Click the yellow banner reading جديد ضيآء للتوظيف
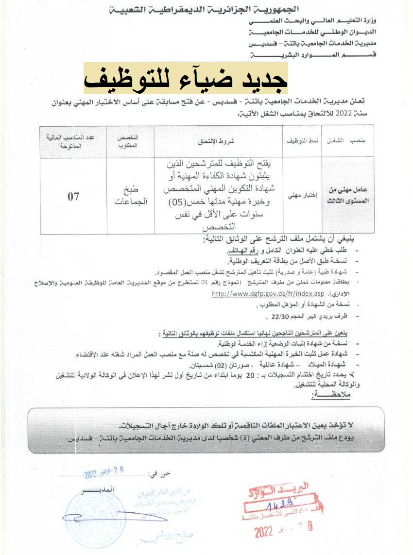pyautogui.click(x=186, y=79)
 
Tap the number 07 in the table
pyautogui.click(x=73, y=197)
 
